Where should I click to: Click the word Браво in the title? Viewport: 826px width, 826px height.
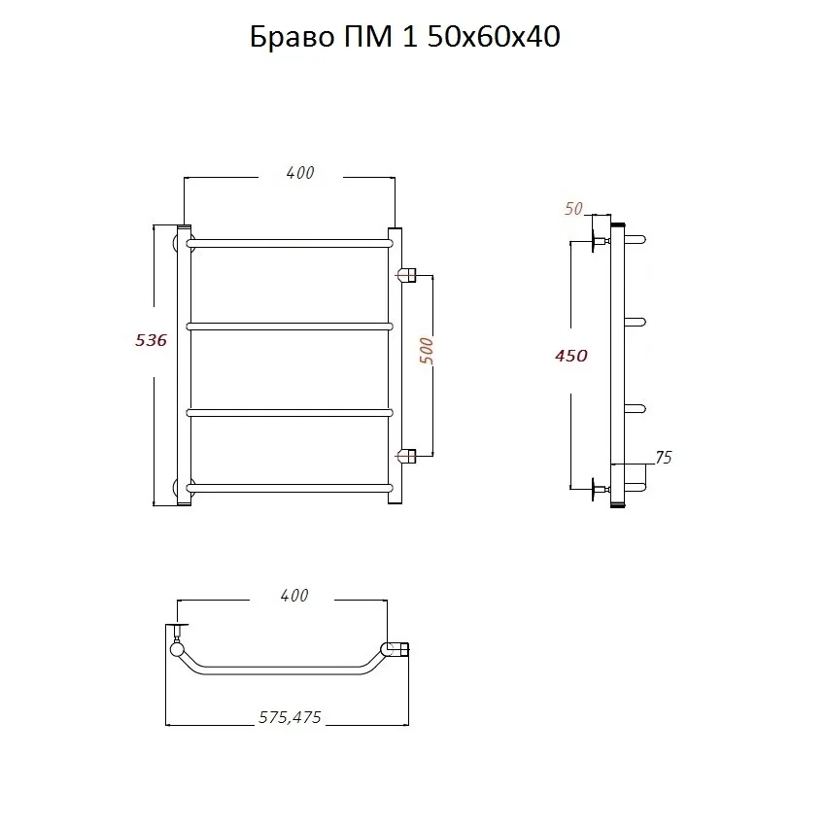pos(292,37)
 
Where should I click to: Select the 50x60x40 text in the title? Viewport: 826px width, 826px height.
pos(494,37)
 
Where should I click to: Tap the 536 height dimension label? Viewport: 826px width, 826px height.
pos(151,340)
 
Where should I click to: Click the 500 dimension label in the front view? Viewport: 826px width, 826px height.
pos(427,352)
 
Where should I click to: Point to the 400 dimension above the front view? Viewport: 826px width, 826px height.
pos(300,173)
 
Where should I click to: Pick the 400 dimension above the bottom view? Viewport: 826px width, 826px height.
pos(293,596)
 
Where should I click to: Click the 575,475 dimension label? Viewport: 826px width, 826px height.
pos(290,717)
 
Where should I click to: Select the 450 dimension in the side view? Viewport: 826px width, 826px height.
pos(571,356)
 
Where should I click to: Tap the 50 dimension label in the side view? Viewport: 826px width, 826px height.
pos(573,209)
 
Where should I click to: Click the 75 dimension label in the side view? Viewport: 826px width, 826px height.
pos(663,458)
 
